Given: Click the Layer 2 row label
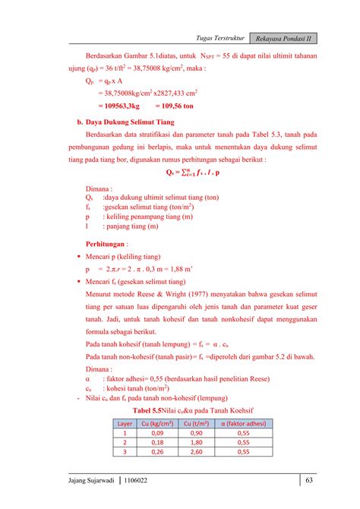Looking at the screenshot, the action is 125,442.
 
